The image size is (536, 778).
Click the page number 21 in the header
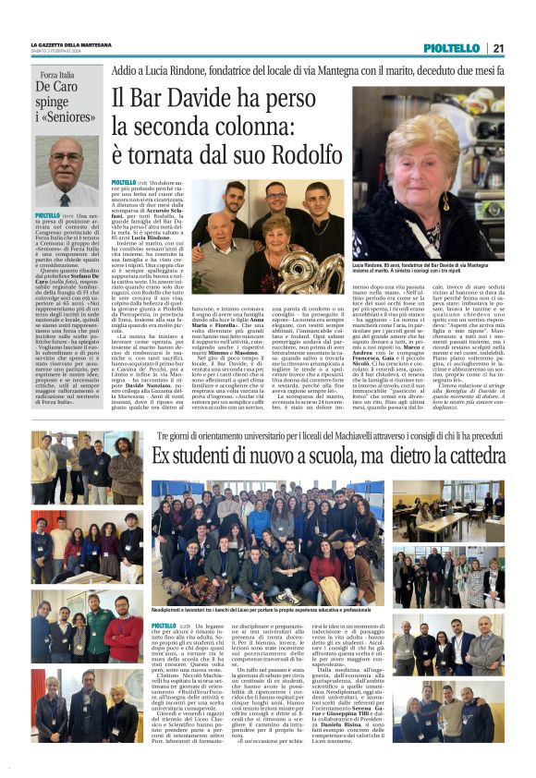[x=498, y=49]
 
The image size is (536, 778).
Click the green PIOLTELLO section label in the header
[x=451, y=49]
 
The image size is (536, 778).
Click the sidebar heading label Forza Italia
[x=57, y=74]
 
